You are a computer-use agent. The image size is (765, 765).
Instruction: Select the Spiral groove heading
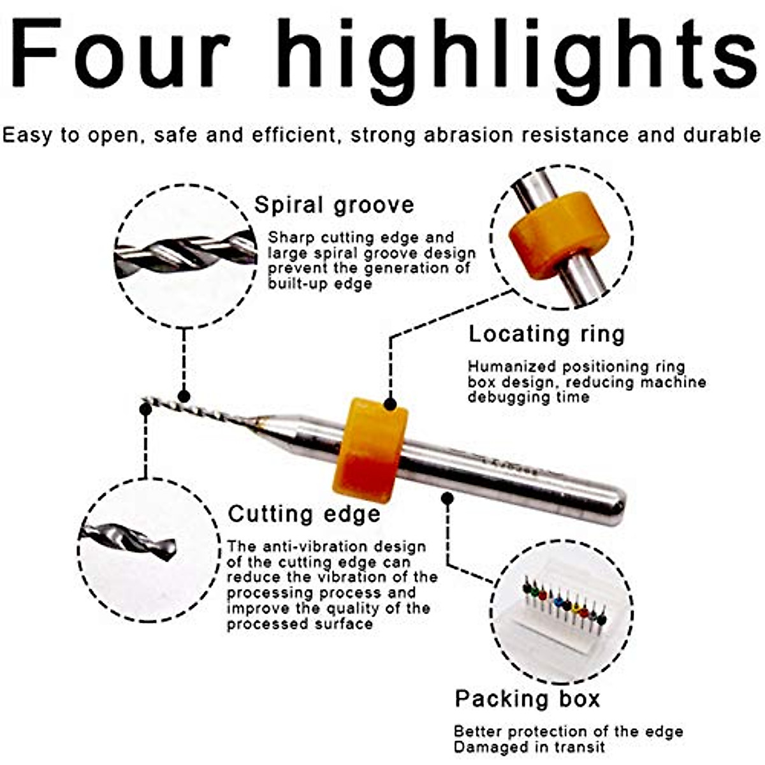pos(334,205)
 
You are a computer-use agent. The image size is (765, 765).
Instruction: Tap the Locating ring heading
pos(546,335)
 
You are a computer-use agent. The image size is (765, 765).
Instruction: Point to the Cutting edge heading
pos(304,514)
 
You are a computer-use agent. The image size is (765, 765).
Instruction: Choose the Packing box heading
pos(527,699)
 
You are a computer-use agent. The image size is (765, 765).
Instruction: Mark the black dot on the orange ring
pos(390,404)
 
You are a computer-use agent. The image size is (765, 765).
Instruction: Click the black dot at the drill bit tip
pos(145,408)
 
